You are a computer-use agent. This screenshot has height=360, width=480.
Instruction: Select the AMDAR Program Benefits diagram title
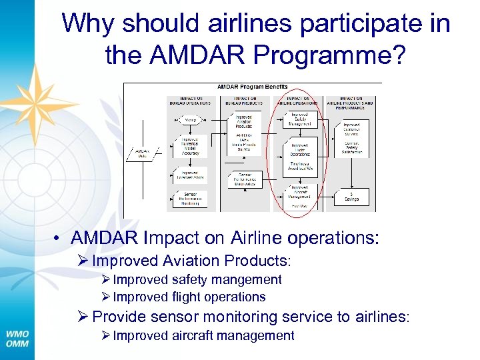pos(253,87)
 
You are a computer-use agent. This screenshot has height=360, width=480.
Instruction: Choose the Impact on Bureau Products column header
pos(245,101)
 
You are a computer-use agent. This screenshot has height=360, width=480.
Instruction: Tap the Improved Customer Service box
pos(351,128)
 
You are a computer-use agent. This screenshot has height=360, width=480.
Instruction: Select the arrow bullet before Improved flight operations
pos(106,297)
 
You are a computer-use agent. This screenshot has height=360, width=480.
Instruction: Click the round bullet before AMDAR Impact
pos(59,237)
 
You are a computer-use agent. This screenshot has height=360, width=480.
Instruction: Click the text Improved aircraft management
pos(203,335)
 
